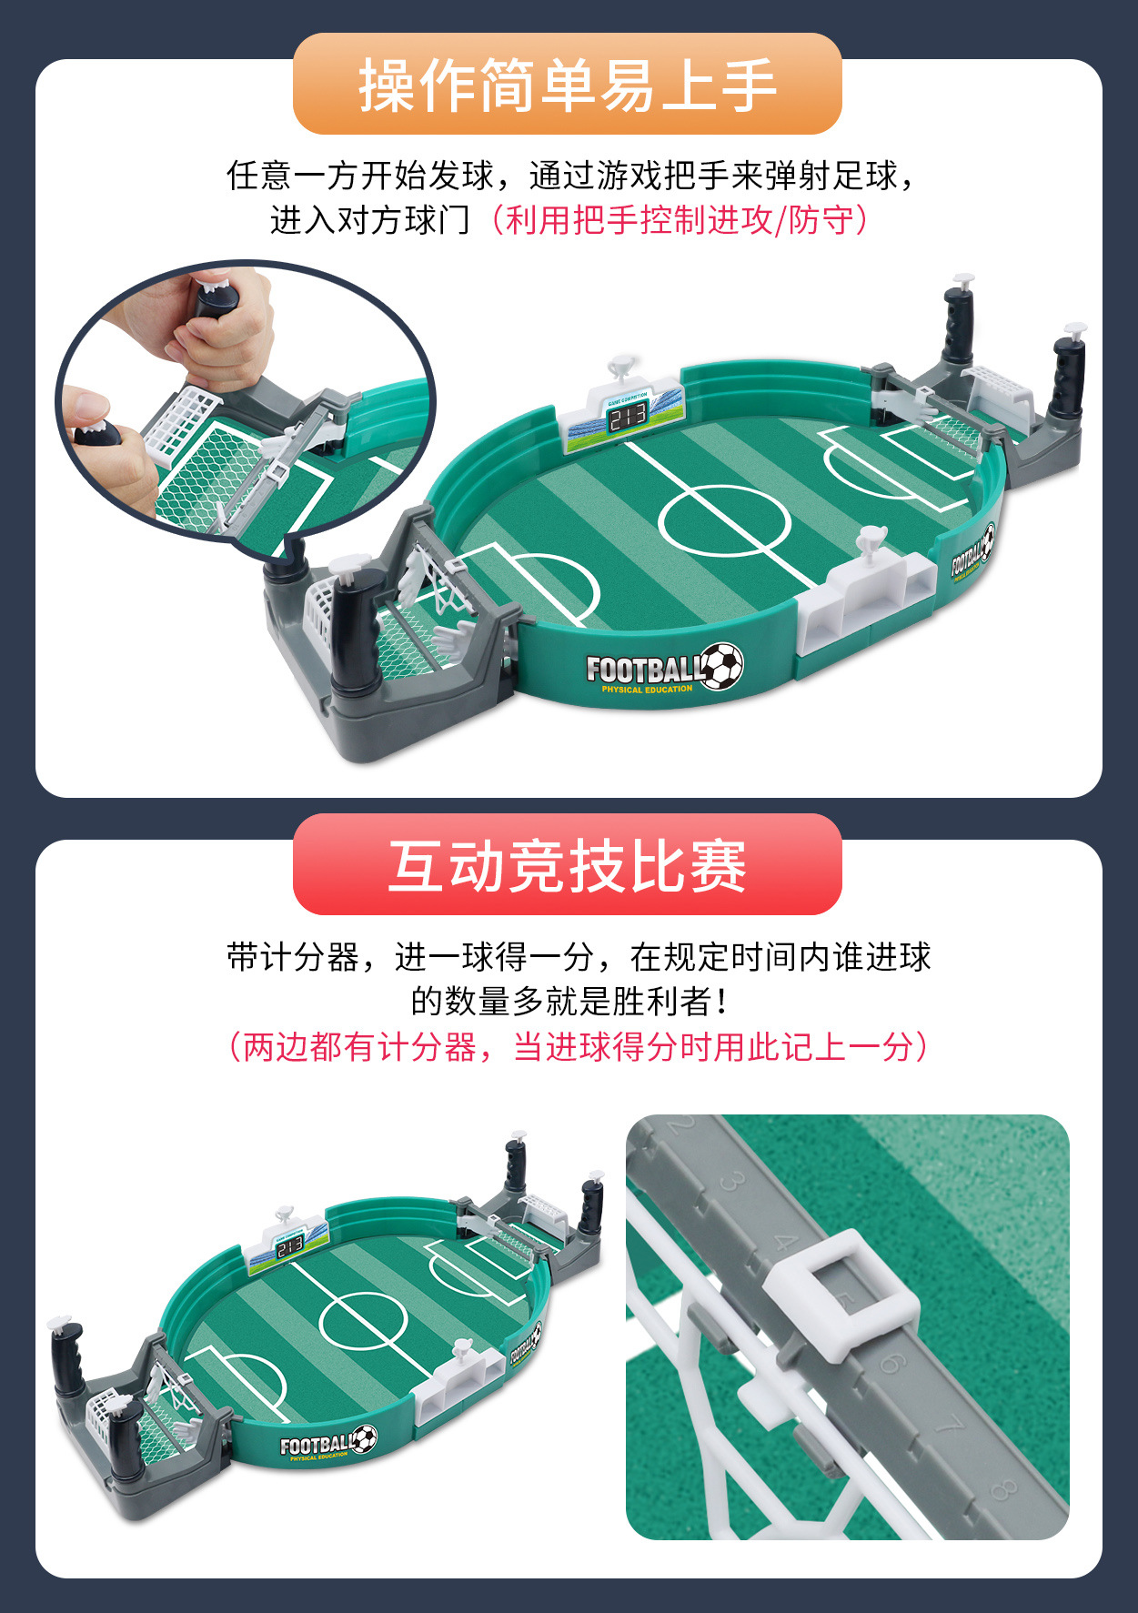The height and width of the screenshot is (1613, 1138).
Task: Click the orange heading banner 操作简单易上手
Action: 567,85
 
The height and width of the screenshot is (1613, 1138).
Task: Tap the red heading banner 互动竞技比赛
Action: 567,865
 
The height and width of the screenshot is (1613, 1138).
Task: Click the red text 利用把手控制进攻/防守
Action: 678,220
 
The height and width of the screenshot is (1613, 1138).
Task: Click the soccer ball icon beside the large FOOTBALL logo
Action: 722,665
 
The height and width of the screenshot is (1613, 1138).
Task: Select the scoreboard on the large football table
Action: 627,417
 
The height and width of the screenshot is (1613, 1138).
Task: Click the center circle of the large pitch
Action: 725,520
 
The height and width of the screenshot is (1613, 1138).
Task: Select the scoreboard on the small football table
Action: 290,1246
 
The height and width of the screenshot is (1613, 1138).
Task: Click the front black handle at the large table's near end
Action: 356,628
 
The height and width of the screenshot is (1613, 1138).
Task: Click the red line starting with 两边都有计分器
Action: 578,1047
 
